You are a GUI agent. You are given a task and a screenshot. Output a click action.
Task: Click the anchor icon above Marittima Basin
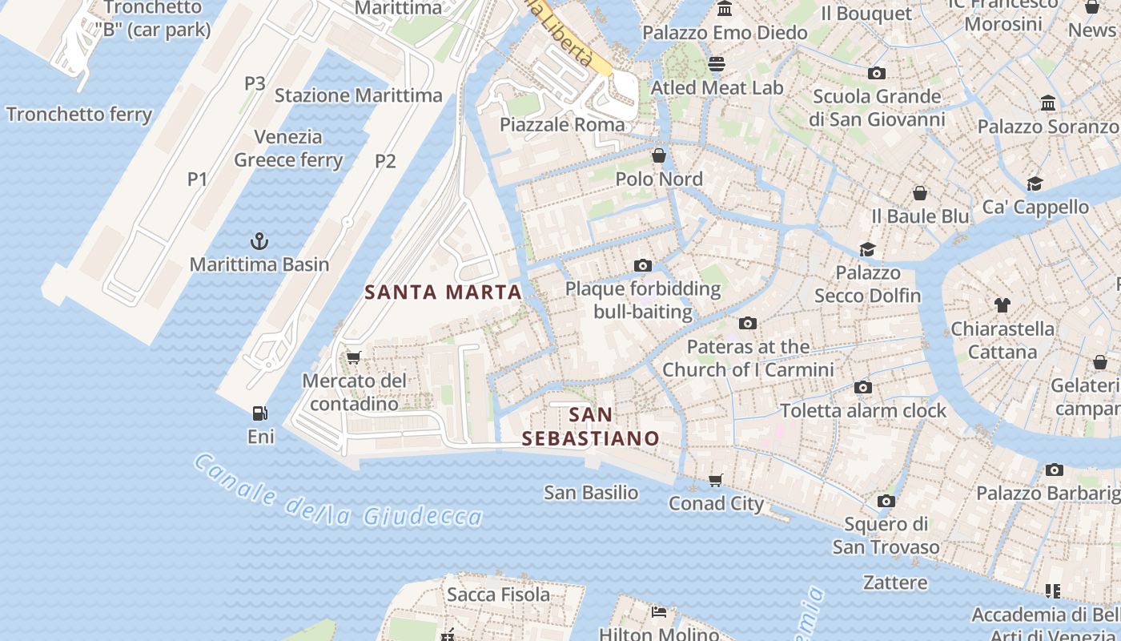(x=259, y=240)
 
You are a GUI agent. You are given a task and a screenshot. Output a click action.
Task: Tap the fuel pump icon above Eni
(x=259, y=413)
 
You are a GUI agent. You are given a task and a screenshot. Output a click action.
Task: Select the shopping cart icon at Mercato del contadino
(x=353, y=357)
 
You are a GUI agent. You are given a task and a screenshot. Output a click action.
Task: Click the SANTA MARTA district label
(x=444, y=292)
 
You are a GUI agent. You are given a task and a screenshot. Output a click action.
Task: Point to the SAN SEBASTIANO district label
(x=590, y=426)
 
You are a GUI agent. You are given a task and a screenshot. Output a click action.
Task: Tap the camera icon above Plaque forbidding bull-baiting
(x=642, y=265)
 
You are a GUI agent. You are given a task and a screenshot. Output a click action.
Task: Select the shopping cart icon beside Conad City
(x=715, y=480)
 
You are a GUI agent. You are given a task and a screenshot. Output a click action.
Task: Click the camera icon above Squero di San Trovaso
(x=886, y=501)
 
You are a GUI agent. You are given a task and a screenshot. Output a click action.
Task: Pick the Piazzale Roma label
(x=562, y=124)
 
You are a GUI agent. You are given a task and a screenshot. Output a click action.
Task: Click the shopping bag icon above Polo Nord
(x=659, y=155)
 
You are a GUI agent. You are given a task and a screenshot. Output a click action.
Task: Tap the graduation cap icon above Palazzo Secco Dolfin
(x=867, y=249)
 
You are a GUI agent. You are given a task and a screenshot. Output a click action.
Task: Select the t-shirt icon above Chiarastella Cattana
(x=1002, y=304)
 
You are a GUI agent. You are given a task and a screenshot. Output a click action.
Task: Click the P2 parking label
(x=385, y=161)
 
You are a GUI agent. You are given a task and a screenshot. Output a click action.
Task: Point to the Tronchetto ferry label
(x=78, y=115)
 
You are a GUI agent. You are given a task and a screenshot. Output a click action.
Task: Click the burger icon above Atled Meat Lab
(x=717, y=63)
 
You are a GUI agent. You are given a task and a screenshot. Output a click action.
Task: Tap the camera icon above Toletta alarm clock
(x=862, y=387)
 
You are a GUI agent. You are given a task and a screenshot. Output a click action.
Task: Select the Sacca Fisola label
(x=498, y=595)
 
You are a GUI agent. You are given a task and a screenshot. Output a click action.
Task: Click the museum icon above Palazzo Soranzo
(x=1047, y=103)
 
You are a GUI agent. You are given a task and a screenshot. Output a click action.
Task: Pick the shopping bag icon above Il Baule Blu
(x=920, y=193)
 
